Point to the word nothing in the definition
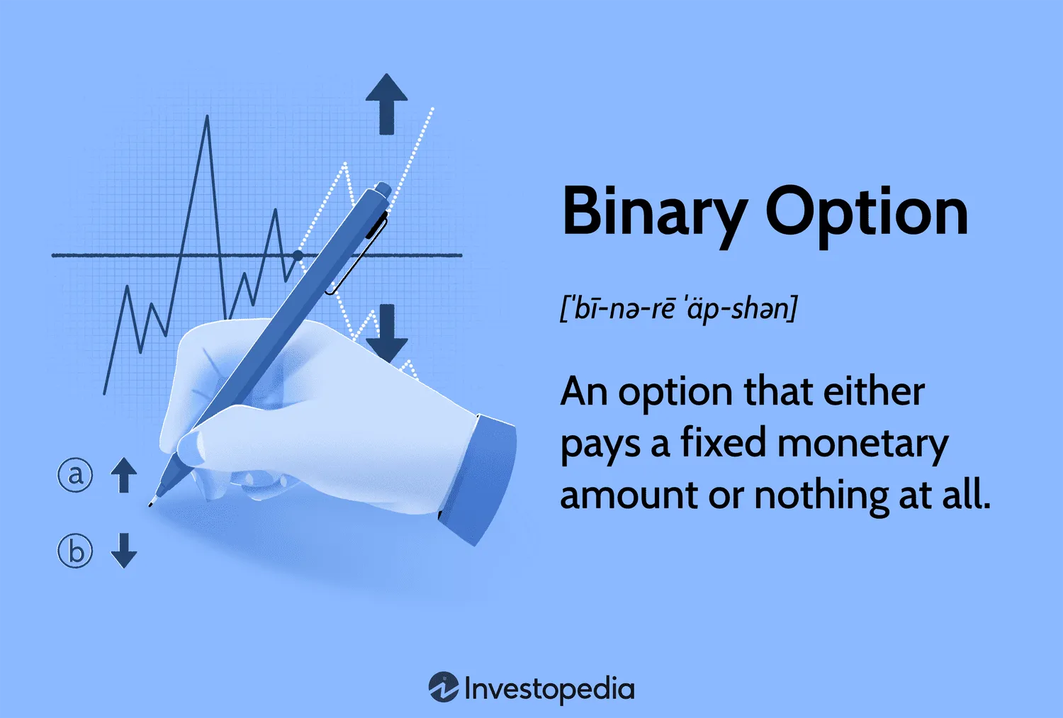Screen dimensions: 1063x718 (821, 495)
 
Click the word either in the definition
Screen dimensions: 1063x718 (874, 392)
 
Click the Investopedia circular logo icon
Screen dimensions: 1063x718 (444, 687)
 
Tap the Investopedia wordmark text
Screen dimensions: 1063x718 (549, 689)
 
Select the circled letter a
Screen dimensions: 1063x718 (75, 475)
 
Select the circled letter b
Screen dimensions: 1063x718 (75, 551)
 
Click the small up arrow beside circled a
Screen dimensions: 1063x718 (124, 475)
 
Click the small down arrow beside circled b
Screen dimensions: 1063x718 (124, 551)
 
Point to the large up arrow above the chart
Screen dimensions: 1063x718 (387, 104)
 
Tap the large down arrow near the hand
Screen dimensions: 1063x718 (387, 333)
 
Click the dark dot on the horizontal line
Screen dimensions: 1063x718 (298, 255)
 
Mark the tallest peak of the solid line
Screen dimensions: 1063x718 (208, 116)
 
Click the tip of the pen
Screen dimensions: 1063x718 (150, 505)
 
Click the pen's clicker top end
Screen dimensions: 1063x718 (384, 189)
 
